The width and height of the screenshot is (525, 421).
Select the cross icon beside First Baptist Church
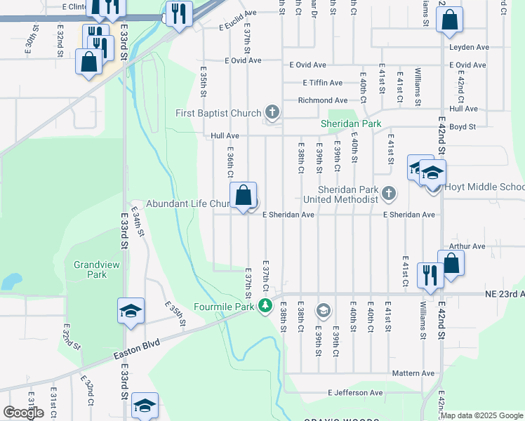[x=272, y=112]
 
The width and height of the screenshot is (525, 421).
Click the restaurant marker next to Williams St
[x=429, y=274]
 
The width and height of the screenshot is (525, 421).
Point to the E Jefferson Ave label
[x=354, y=393]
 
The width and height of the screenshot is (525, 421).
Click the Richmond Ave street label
[x=322, y=100]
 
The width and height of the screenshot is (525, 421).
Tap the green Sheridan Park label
[x=351, y=123]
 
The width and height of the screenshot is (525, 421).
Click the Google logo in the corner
[x=23, y=413]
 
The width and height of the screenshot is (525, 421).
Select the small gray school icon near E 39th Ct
[x=323, y=309]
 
